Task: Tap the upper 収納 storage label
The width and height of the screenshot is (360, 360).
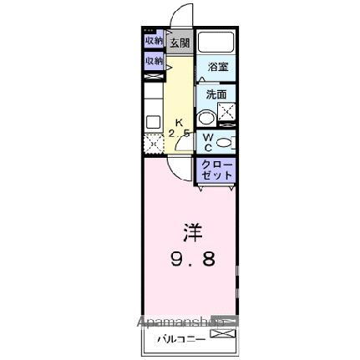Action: coord(154,40)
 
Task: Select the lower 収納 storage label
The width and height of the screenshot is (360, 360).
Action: coord(154,61)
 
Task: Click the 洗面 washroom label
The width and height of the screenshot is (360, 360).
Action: coord(216,94)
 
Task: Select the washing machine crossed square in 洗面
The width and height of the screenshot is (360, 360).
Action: coord(226,113)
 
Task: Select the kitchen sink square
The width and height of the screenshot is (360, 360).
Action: coord(153,122)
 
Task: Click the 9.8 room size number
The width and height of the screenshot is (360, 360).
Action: coord(193,259)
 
